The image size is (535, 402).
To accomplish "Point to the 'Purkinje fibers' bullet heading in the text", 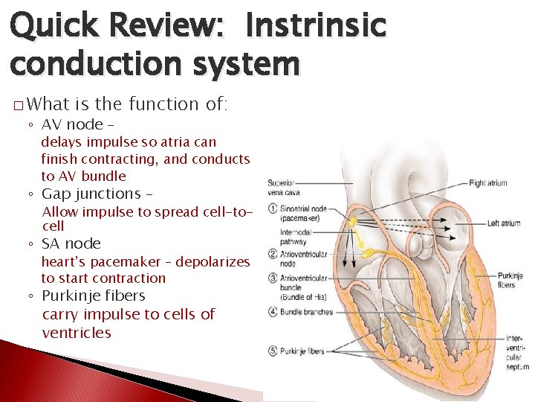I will point(93,296).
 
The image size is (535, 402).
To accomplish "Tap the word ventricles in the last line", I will point(77,333).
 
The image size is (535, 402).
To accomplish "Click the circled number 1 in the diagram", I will point(273,208).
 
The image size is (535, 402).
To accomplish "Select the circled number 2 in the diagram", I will point(273,252).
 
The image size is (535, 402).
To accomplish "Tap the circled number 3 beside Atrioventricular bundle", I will point(273,278).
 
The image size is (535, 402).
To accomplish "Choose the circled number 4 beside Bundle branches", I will point(273,312).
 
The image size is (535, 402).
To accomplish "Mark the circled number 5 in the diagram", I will point(273,351).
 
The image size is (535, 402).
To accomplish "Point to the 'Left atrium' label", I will point(503,223).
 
